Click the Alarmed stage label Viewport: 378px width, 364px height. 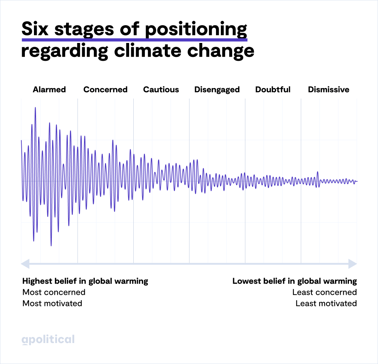click(49, 90)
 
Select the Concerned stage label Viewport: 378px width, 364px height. click(105, 90)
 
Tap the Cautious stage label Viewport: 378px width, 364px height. click(161, 90)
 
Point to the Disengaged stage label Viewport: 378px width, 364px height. click(217, 90)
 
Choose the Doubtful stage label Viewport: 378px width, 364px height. click(273, 90)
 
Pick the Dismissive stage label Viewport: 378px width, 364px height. click(329, 90)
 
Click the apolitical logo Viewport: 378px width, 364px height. click(48, 340)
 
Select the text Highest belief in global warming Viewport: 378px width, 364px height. click(85, 281)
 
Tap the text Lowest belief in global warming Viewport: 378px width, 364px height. click(294, 281)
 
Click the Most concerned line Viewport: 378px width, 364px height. click(54, 292)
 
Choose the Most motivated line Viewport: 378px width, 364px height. click(52, 304)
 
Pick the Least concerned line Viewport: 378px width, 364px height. click(324, 292)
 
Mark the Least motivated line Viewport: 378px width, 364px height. click(326, 304)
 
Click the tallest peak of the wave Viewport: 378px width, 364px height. click(35, 108)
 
